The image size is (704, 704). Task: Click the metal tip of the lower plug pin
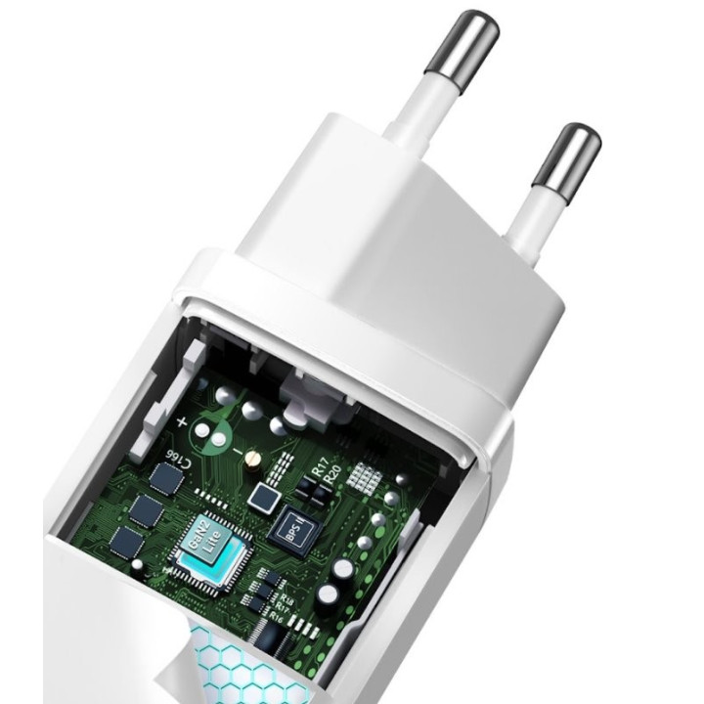coord(567,154)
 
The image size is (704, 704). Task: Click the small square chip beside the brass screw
coord(263,498)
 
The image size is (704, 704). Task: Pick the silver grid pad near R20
coord(364,477)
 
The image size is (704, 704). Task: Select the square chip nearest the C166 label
coord(166,478)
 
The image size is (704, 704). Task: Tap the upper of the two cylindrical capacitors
coord(343,567)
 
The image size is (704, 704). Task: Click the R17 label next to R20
coord(318,462)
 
